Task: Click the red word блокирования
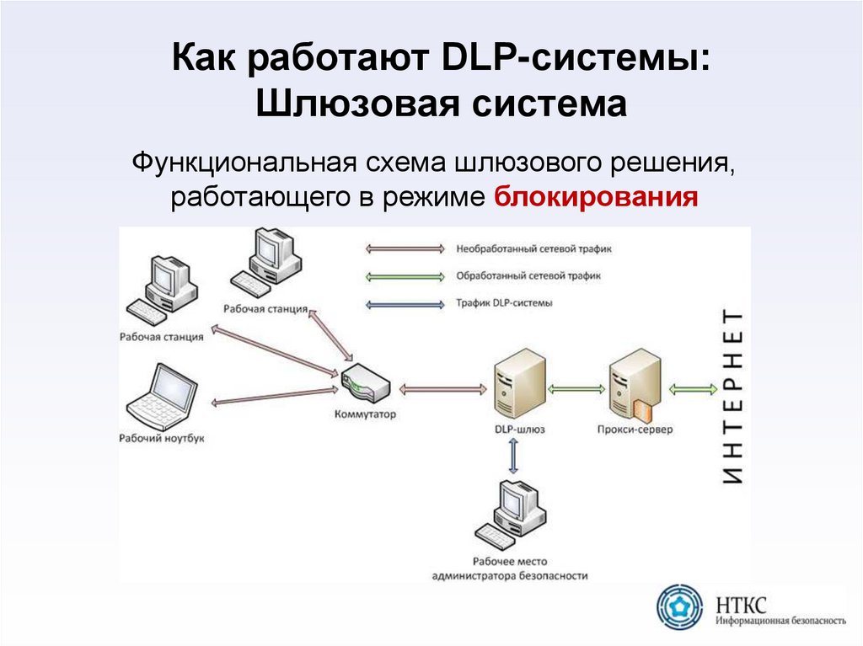(596, 197)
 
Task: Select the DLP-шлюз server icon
(517, 384)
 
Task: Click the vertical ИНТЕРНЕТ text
(733, 397)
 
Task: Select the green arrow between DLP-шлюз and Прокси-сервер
(576, 389)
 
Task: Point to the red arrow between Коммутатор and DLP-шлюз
(442, 389)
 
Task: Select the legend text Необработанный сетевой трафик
(533, 249)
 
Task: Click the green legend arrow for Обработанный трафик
(405, 275)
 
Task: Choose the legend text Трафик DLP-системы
(504, 302)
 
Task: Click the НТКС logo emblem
(679, 606)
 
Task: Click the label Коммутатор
(365, 415)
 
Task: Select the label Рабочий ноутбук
(162, 439)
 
